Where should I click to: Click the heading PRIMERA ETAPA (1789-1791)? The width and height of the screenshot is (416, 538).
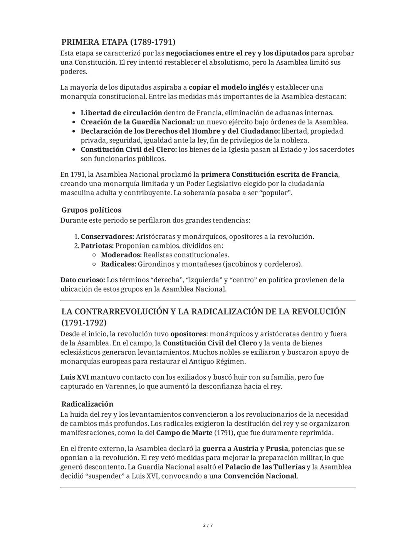(118, 42)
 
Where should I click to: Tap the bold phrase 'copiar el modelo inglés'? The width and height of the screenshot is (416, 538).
(228, 87)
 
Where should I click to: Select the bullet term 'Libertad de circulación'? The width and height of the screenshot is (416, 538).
(121, 113)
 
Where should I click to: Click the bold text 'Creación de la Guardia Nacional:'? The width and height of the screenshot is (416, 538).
(138, 122)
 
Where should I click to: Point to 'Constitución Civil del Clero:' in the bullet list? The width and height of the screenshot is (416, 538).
(129, 149)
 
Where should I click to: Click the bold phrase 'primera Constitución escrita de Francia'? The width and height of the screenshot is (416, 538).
(269, 174)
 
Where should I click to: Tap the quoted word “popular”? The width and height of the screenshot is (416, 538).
(277, 193)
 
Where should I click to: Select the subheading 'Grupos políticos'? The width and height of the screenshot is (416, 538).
(91, 210)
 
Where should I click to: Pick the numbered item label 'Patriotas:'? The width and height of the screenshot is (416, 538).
(97, 246)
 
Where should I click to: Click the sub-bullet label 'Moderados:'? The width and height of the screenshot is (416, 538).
(121, 255)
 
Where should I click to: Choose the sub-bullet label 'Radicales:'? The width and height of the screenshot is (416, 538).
(119, 264)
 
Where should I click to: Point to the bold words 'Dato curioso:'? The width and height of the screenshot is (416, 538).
(82, 280)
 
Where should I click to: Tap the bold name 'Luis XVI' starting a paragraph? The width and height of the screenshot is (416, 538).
(74, 377)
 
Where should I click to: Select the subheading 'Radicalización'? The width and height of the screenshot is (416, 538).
(87, 404)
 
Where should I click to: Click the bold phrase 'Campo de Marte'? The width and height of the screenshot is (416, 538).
(184, 432)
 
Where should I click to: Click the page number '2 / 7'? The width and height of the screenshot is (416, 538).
(208, 525)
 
